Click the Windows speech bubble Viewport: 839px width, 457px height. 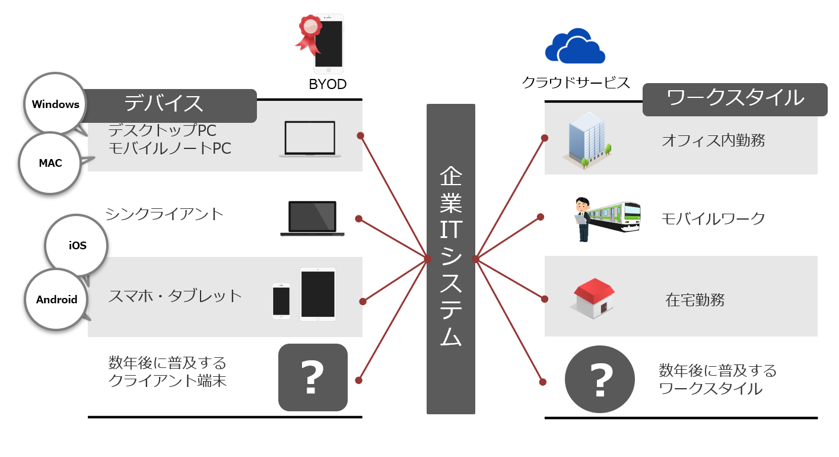[55, 104]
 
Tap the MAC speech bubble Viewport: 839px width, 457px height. [50, 163]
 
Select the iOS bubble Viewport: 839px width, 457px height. [77, 246]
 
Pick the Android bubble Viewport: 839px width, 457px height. [56, 299]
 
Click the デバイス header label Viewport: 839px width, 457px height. [164, 104]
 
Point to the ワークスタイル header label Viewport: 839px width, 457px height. [735, 98]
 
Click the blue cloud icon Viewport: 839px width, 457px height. [575, 47]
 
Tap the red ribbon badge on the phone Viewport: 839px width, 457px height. [310, 30]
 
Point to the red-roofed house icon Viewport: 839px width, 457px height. [592, 299]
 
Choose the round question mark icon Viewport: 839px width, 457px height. [599, 379]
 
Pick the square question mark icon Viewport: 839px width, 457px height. [313, 377]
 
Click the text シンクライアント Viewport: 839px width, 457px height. [164, 214]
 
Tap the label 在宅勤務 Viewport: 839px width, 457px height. [695, 300]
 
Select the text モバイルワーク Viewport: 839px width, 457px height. [713, 218]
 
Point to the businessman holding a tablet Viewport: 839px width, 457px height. [581, 219]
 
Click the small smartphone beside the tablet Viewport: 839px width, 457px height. [281, 301]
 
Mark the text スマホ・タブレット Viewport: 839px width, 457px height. [175, 296]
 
